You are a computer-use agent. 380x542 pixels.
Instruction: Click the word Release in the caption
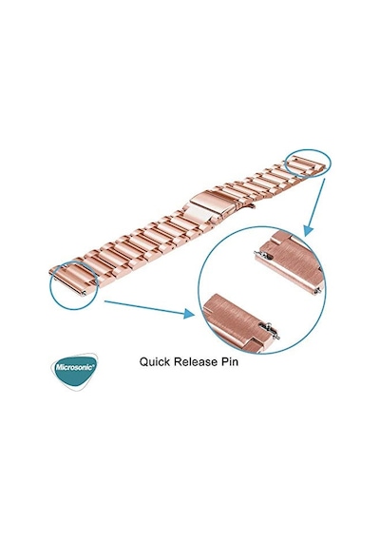(x=195, y=361)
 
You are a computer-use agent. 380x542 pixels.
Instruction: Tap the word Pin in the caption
(x=229, y=361)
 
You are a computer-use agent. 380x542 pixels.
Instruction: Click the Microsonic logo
(x=75, y=372)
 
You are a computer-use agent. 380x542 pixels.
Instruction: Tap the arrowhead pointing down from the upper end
(x=308, y=230)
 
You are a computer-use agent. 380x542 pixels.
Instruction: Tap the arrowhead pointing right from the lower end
(x=189, y=313)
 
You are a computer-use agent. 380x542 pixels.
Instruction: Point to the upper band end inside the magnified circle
(x=290, y=262)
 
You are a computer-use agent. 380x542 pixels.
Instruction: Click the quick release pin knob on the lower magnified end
(x=267, y=325)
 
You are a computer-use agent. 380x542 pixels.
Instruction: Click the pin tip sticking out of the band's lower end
(x=84, y=293)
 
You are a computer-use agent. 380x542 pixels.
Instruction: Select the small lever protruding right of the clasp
(x=252, y=206)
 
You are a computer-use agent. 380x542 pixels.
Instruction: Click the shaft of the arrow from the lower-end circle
(x=144, y=307)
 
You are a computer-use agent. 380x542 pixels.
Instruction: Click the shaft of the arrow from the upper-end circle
(x=316, y=203)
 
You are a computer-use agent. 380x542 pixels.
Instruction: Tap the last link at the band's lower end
(x=71, y=280)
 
